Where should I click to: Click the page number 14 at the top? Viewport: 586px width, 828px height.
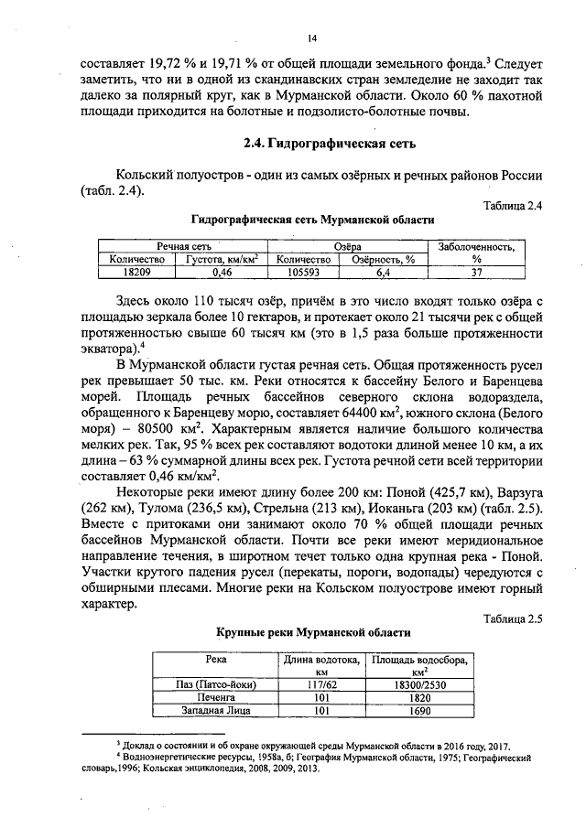coord(311,38)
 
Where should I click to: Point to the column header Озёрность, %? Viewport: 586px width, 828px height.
coord(384,259)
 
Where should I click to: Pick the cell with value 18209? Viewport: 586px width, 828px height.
coord(136,272)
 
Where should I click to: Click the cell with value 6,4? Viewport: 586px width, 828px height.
coord(384,272)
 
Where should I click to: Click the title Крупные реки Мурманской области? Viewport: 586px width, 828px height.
coord(313,632)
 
